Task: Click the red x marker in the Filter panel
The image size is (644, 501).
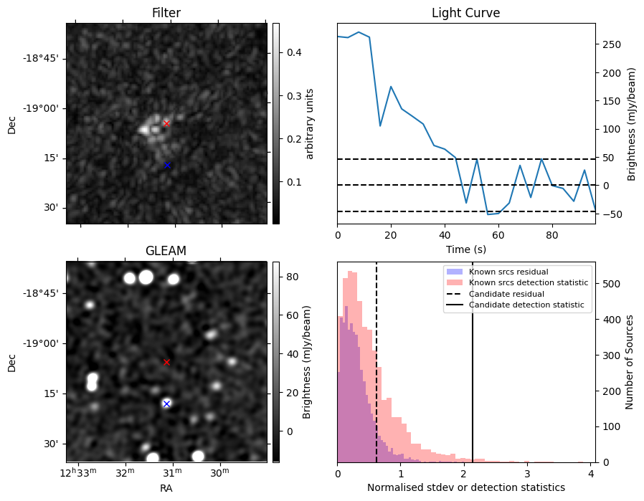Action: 166,123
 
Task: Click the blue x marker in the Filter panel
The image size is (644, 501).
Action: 167,165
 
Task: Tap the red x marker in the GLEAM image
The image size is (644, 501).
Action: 166,362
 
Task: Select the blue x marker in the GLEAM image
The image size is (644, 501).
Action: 166,404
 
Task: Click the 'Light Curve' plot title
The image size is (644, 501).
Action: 465,14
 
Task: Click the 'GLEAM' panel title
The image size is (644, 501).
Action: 166,251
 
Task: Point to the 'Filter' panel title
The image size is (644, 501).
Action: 166,14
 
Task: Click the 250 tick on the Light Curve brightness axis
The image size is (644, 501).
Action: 611,44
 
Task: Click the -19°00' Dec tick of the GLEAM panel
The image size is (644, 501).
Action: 41,343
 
